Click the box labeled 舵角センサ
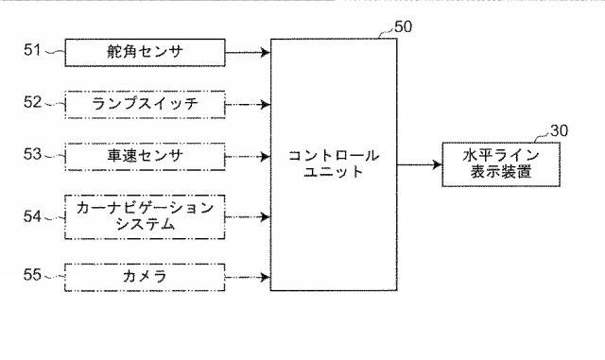145,53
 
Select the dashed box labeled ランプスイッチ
145,101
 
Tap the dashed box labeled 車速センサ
145,155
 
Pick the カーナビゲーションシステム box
145,215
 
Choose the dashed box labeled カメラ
145,276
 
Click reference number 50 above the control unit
403,26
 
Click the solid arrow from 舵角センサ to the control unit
248,53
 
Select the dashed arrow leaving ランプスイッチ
248,101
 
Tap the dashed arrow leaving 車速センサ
248,155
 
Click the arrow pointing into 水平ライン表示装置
419,164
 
